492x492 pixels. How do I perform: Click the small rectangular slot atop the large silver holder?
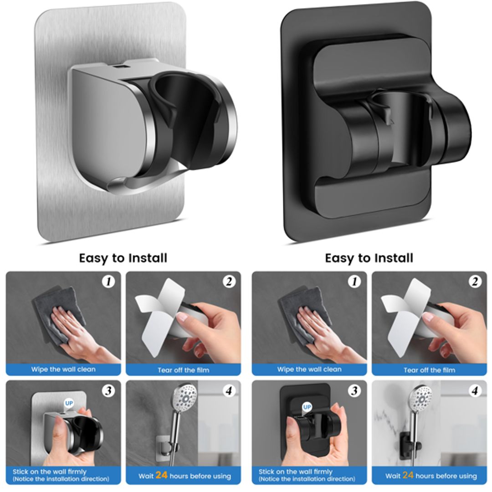pos(119,67)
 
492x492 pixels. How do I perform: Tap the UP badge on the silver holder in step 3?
pos(69,403)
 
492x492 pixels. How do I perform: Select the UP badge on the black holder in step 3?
pos(307,406)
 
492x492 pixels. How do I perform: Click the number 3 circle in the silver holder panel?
pos(108,391)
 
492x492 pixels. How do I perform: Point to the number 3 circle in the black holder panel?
pos(354,391)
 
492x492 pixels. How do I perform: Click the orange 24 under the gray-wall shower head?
pos(161,475)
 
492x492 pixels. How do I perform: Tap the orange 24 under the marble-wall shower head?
pos(408,475)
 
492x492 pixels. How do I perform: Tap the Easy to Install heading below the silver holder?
pos(123,258)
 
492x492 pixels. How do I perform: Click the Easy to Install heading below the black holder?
pos(369,258)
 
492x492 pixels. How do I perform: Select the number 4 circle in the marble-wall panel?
pos(475,391)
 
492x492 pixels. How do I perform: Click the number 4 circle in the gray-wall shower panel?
pos(229,391)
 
